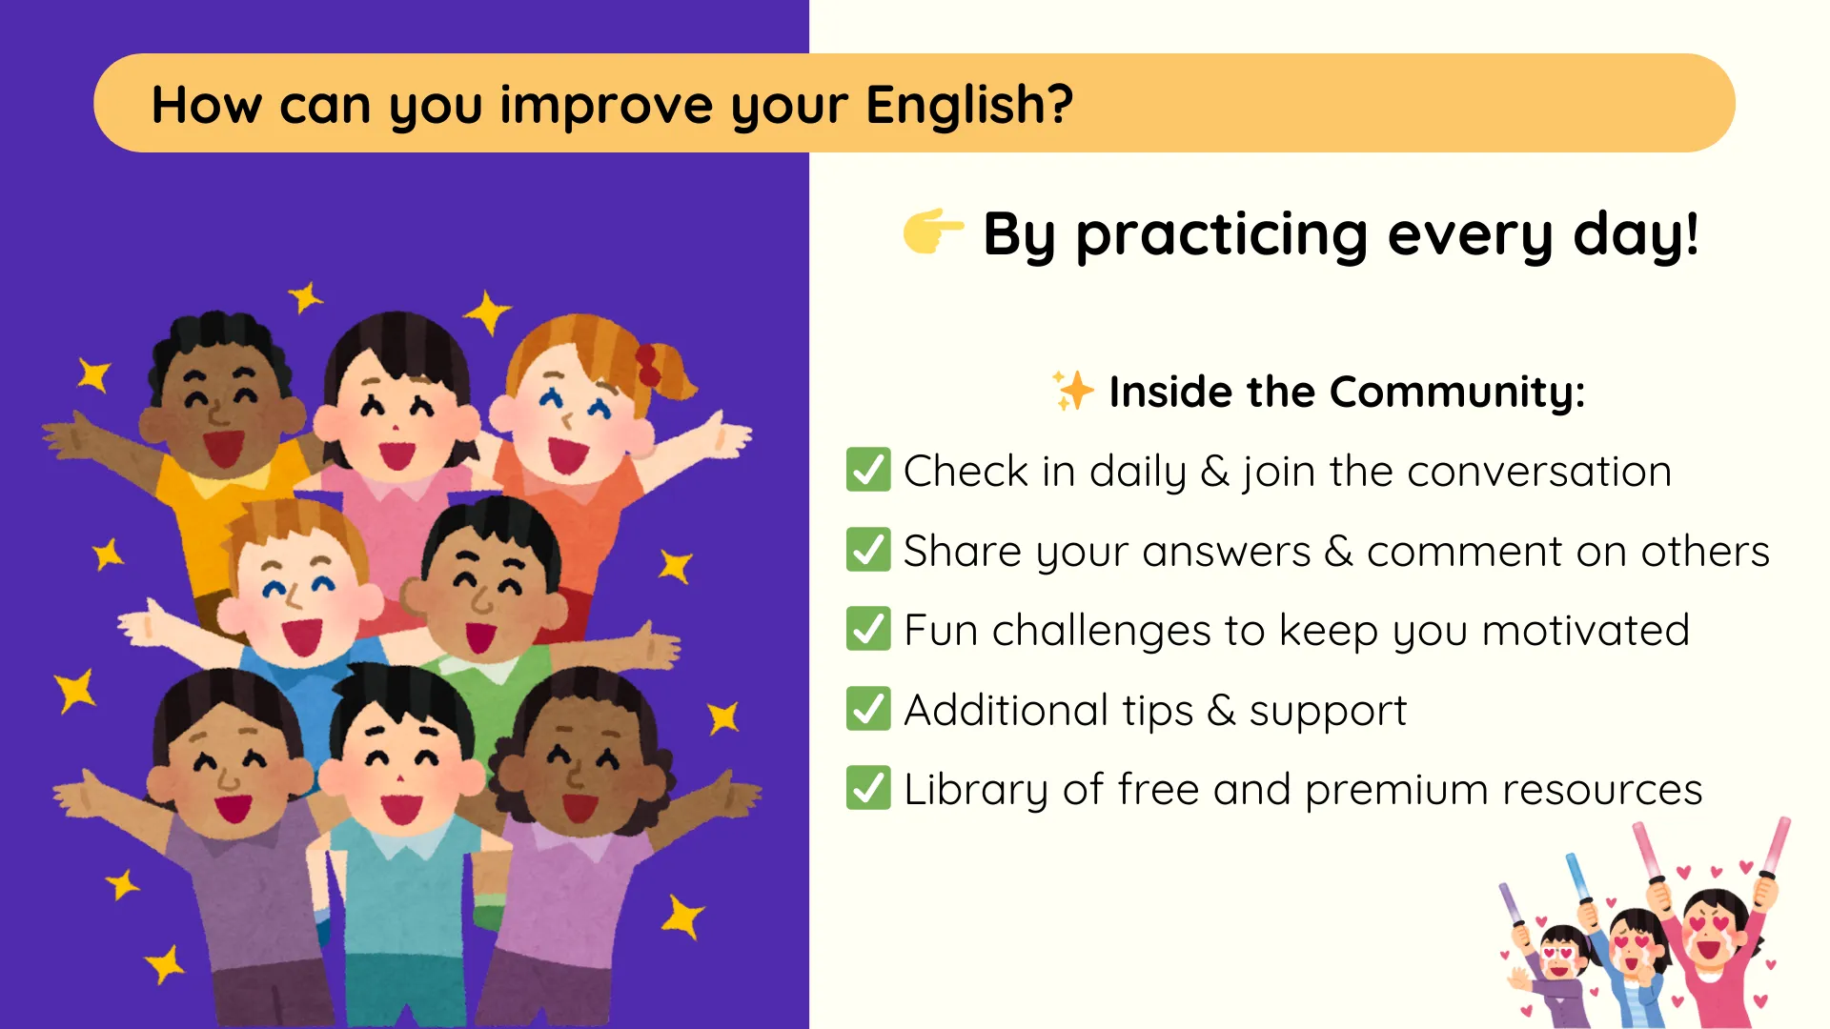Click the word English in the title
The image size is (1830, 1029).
tap(969, 105)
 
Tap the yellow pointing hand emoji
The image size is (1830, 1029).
tap(933, 232)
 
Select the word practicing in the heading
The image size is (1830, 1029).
tap(1222, 236)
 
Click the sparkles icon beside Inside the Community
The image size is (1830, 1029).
tap(1073, 391)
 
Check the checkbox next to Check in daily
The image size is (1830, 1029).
tap(868, 470)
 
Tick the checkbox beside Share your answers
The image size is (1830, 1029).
tap(868, 550)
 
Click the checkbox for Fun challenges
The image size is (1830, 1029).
tap(868, 629)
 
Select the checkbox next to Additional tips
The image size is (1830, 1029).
tap(868, 709)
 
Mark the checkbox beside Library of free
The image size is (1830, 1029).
tap(868, 788)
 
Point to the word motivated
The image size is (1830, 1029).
tap(1586, 631)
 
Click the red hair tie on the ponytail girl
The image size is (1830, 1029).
tap(648, 366)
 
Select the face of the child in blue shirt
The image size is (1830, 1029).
tap(299, 591)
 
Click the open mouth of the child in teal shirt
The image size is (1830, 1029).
tap(401, 808)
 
